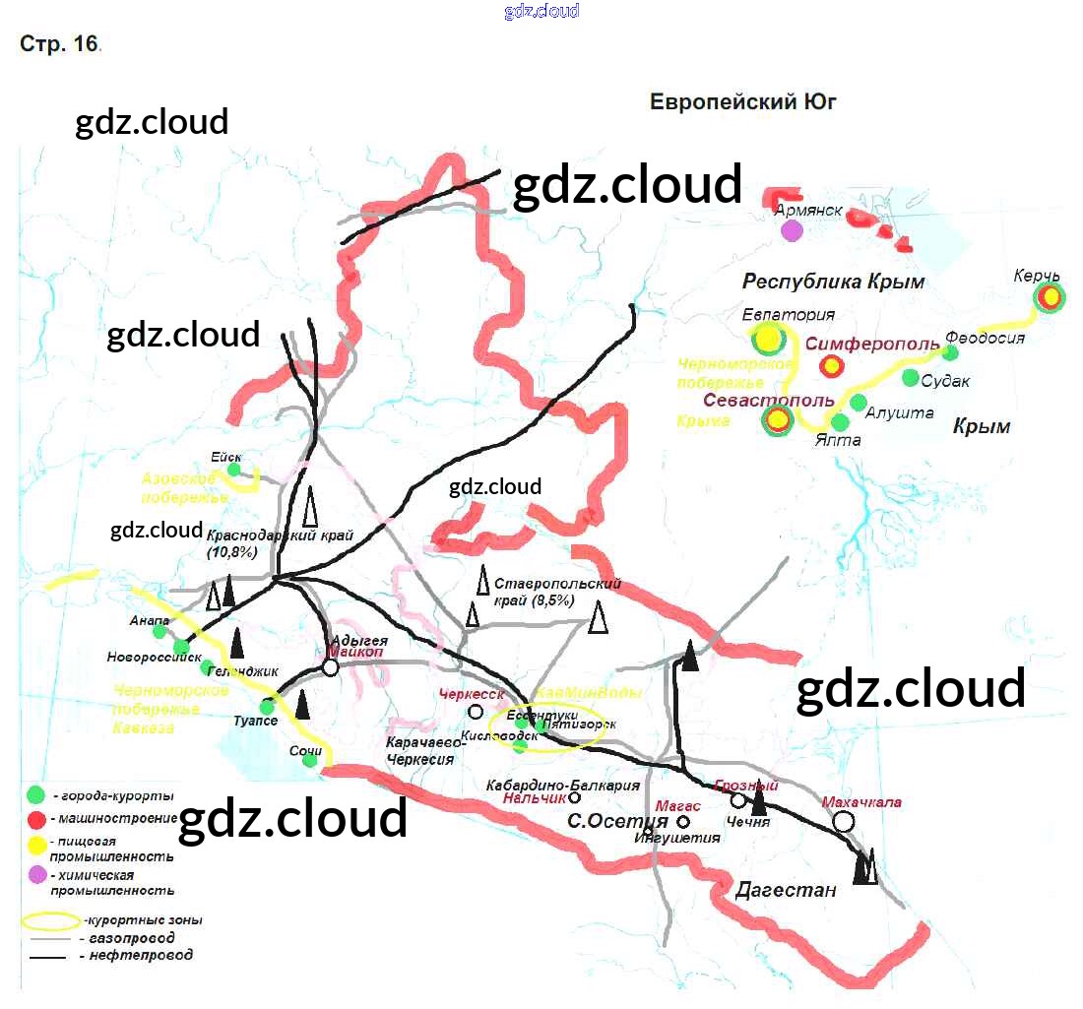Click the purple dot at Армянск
792,231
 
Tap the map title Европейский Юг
742,101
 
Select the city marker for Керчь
1051,295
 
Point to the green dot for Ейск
234,470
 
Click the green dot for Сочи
309,759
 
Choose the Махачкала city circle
844,824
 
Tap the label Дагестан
786,890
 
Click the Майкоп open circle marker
331,667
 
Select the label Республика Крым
833,282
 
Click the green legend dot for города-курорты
36,794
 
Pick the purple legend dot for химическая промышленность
36,874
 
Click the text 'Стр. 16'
58,44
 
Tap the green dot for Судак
911,379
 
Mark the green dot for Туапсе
266,707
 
